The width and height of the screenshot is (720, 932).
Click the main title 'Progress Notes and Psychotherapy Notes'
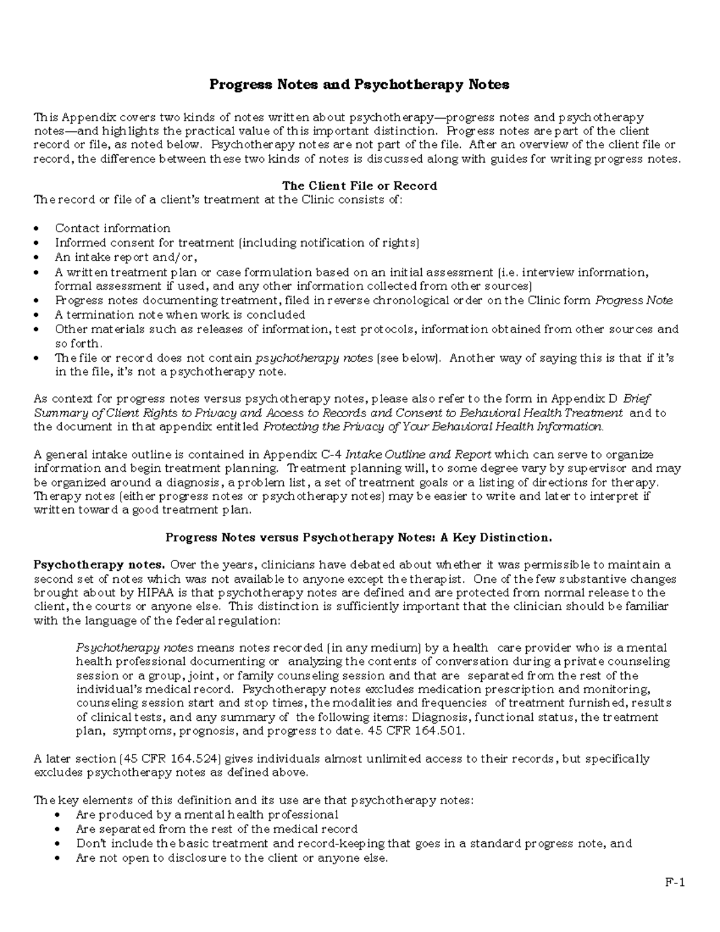(x=359, y=85)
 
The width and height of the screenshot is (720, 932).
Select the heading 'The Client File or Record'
(x=359, y=185)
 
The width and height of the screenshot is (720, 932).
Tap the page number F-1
(x=674, y=882)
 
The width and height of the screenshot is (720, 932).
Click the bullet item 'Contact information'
(x=112, y=228)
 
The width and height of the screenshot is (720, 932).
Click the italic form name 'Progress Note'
(x=634, y=301)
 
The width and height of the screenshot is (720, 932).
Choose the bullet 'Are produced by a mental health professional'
(x=207, y=814)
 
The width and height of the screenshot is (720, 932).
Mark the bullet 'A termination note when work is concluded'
(x=180, y=314)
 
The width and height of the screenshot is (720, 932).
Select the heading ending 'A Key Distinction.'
(x=358, y=537)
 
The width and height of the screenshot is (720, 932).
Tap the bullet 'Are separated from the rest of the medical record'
(x=217, y=829)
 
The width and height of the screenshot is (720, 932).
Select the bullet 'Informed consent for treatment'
(x=237, y=243)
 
